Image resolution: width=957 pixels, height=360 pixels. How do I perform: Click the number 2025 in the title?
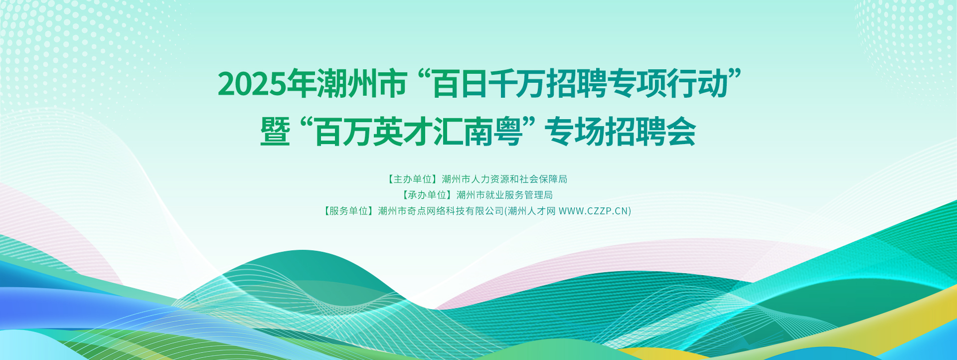click(252, 84)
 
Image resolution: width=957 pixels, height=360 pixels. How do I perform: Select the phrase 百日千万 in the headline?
click(489, 83)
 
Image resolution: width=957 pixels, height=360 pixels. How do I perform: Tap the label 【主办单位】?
click(413, 179)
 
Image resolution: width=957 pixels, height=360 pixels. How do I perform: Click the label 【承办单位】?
click(427, 195)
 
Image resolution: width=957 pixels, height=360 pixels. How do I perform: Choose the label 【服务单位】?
click(349, 211)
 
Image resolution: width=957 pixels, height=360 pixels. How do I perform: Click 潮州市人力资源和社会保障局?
click(504, 179)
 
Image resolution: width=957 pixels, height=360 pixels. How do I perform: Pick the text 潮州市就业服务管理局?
click(504, 195)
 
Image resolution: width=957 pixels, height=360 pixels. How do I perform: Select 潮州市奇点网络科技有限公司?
click(441, 211)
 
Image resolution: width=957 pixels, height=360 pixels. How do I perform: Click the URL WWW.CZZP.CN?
click(593, 211)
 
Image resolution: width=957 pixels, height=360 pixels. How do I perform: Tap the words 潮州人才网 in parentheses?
click(531, 211)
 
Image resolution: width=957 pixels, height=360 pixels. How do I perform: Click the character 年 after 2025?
click(302, 83)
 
